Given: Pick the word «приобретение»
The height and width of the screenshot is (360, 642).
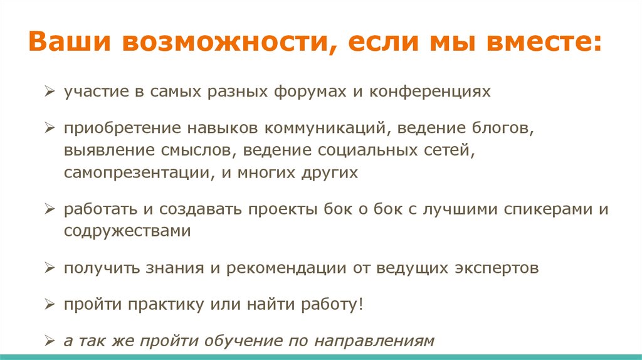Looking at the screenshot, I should [x=122, y=129].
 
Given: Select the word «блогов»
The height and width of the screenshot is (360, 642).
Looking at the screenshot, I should [x=500, y=129].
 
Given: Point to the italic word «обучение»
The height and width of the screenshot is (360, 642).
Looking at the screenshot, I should [x=247, y=342].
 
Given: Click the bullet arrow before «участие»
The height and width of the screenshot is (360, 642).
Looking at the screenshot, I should [x=51, y=92].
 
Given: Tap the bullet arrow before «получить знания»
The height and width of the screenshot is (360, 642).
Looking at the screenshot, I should [x=51, y=268].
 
